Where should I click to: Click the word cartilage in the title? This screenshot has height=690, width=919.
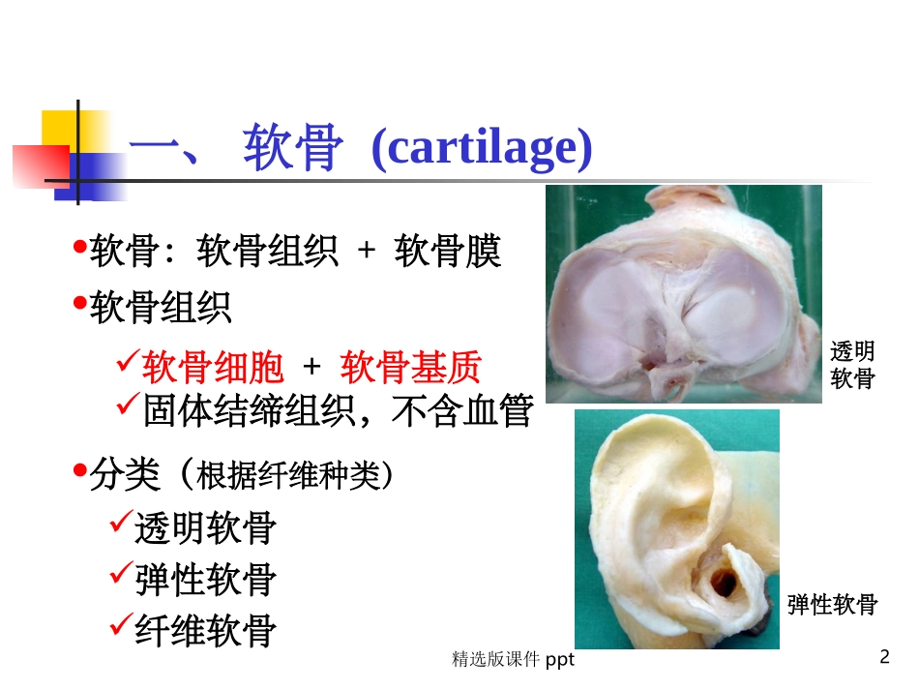[x=481, y=150]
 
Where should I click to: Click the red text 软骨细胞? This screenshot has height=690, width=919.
[x=214, y=368]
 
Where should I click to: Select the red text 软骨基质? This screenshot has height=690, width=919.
[x=411, y=368]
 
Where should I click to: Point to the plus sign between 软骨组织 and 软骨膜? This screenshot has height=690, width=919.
[x=366, y=253]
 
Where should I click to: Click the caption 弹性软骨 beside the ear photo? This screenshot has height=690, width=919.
[x=831, y=605]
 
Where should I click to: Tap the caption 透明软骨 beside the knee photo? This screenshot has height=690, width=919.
[x=852, y=365]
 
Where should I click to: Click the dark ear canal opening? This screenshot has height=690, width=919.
[x=724, y=582]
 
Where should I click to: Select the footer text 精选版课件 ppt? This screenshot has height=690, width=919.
[x=513, y=660]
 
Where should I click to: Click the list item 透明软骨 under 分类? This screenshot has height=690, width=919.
[x=206, y=528]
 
